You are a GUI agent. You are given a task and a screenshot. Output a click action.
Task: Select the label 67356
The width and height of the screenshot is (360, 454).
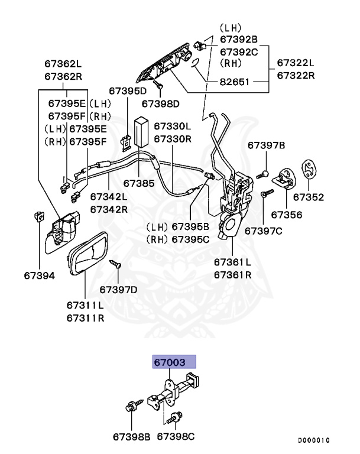click(287, 216)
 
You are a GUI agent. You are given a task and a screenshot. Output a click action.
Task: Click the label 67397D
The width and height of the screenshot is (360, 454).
click(118, 289)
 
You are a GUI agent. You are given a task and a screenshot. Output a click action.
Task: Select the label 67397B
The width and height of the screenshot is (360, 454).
click(266, 145)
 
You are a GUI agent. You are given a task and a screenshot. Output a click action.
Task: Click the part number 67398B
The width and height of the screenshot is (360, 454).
click(132, 438)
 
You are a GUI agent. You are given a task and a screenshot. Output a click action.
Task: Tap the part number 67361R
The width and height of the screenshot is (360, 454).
click(232, 275)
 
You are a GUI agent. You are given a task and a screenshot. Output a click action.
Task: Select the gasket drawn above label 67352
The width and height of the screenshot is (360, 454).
click(308, 170)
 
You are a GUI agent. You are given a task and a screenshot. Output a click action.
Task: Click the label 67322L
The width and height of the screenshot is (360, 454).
click(296, 63)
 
